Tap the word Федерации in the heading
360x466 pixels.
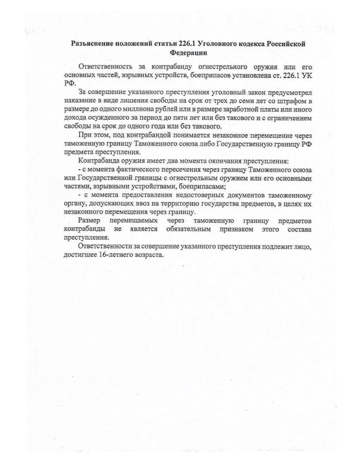pyautogui.click(x=188, y=53)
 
